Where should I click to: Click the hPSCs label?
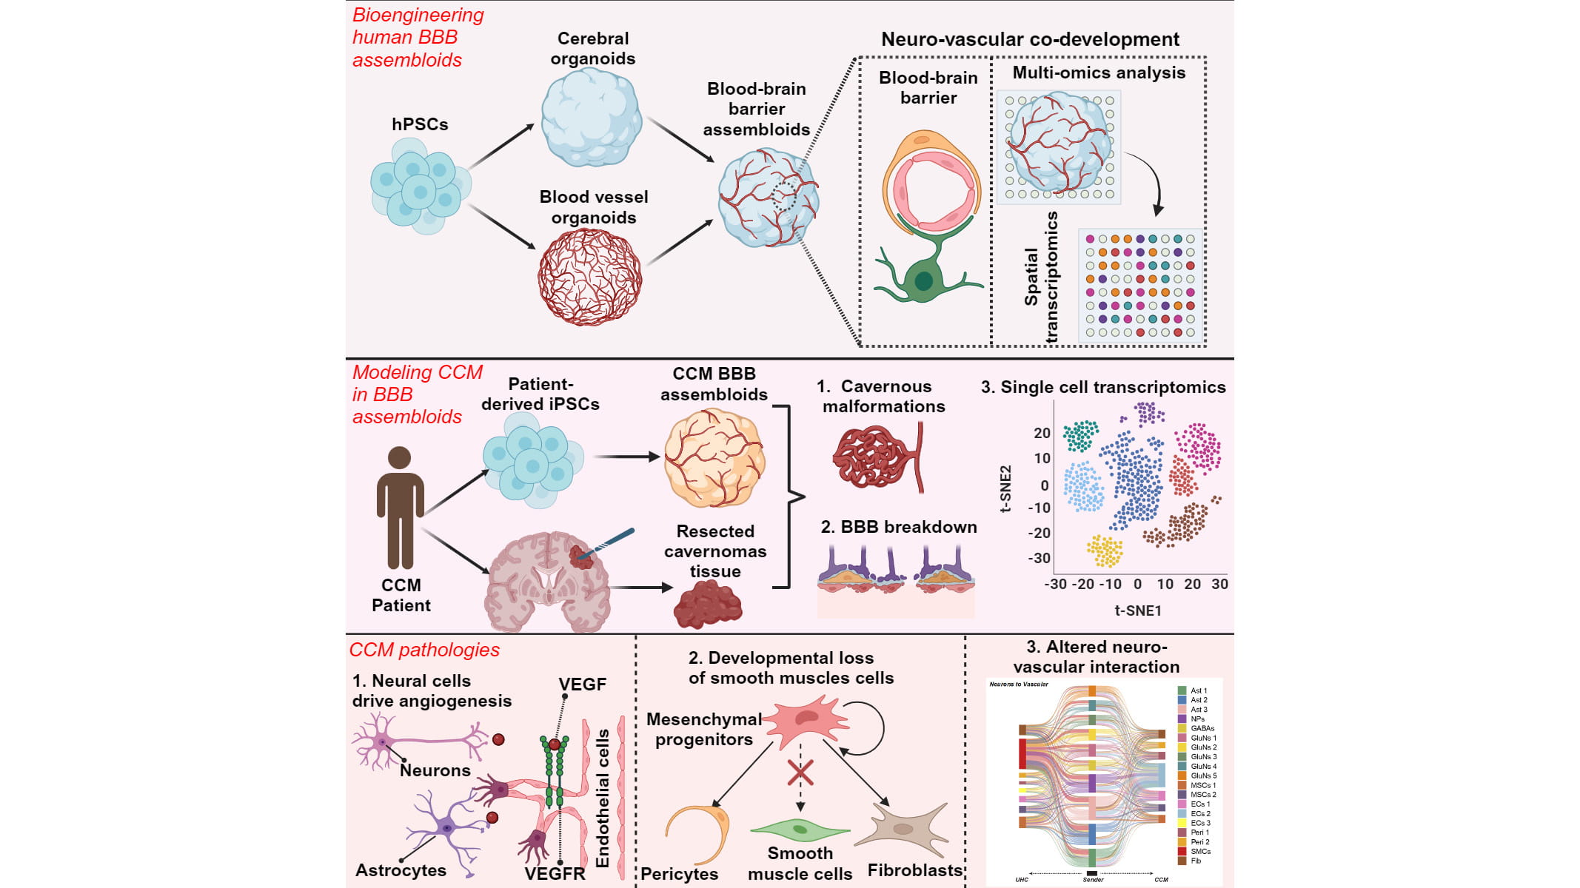420,124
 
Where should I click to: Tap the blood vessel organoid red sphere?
590,277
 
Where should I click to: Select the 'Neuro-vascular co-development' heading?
1030,39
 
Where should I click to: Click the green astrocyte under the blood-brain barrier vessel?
923,277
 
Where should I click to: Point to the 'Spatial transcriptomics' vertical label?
1042,277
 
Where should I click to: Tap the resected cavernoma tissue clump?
707,604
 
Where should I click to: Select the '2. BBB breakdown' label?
899,527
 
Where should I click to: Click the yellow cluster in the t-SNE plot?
1105,551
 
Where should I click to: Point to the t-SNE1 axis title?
1138,610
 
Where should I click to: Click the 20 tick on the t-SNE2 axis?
1042,433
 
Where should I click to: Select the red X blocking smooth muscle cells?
800,773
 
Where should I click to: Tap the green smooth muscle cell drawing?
800,829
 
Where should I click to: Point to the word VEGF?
582,684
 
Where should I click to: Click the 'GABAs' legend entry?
1202,728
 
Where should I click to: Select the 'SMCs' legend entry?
1200,852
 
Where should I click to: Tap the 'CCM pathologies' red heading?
424,650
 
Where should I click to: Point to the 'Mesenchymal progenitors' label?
703,729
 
